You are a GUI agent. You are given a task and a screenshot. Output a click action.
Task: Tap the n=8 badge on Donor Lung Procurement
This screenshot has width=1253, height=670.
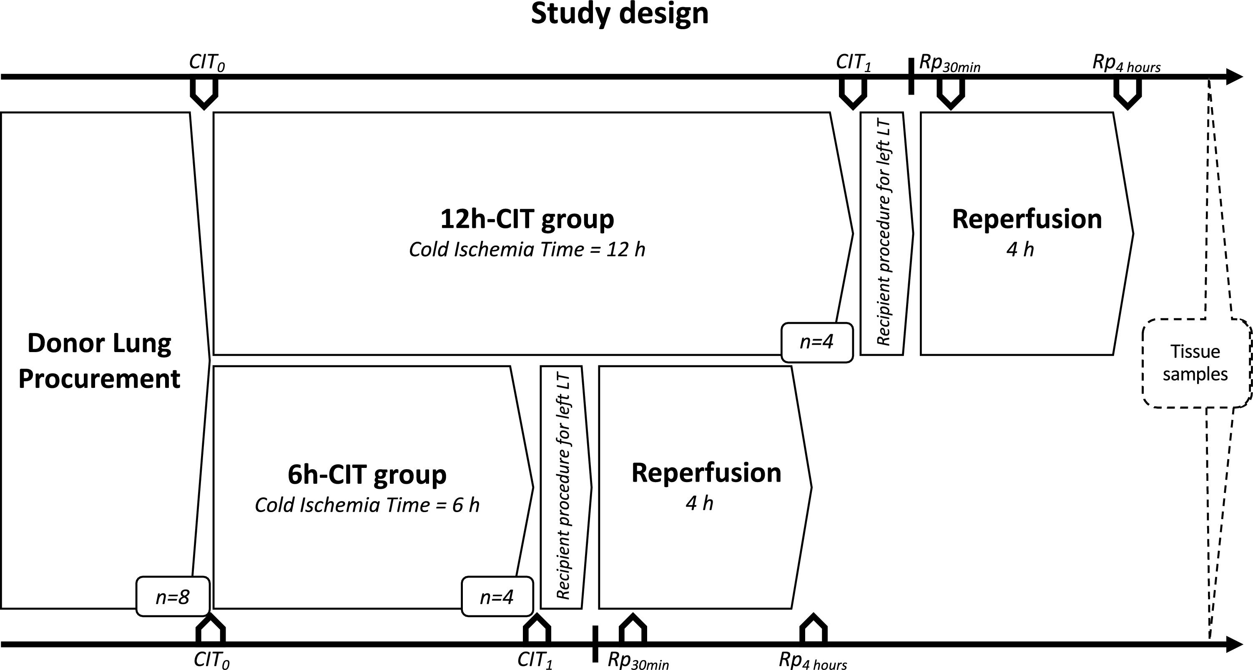coord(173,597)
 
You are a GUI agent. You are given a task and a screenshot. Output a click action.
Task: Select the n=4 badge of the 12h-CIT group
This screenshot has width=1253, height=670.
coord(817,342)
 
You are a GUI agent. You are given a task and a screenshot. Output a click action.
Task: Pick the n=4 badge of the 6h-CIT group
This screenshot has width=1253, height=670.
coord(497,597)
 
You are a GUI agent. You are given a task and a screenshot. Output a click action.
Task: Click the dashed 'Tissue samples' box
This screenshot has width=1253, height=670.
coord(1195,363)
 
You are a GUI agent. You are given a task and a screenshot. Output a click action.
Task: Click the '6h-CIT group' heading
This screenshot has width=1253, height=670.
coord(367,475)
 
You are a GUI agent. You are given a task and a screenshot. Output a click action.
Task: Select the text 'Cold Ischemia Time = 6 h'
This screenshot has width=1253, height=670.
coord(367,505)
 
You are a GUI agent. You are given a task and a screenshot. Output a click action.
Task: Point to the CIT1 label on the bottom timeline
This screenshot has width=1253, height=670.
coord(535,660)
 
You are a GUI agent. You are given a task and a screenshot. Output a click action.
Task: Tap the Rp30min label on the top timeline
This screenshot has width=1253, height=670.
coord(949,64)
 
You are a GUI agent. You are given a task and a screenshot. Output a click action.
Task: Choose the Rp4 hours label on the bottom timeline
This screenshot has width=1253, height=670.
coord(813,661)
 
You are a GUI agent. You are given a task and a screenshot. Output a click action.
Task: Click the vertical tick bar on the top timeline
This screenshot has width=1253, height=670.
coord(911,77)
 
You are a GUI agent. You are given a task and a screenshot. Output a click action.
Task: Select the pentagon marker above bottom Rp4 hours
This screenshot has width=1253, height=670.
coord(813,629)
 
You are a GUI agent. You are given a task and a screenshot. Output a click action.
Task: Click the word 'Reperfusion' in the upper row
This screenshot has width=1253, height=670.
coord(1026,219)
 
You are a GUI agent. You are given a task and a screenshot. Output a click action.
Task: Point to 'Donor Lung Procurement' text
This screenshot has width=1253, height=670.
coord(100,361)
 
